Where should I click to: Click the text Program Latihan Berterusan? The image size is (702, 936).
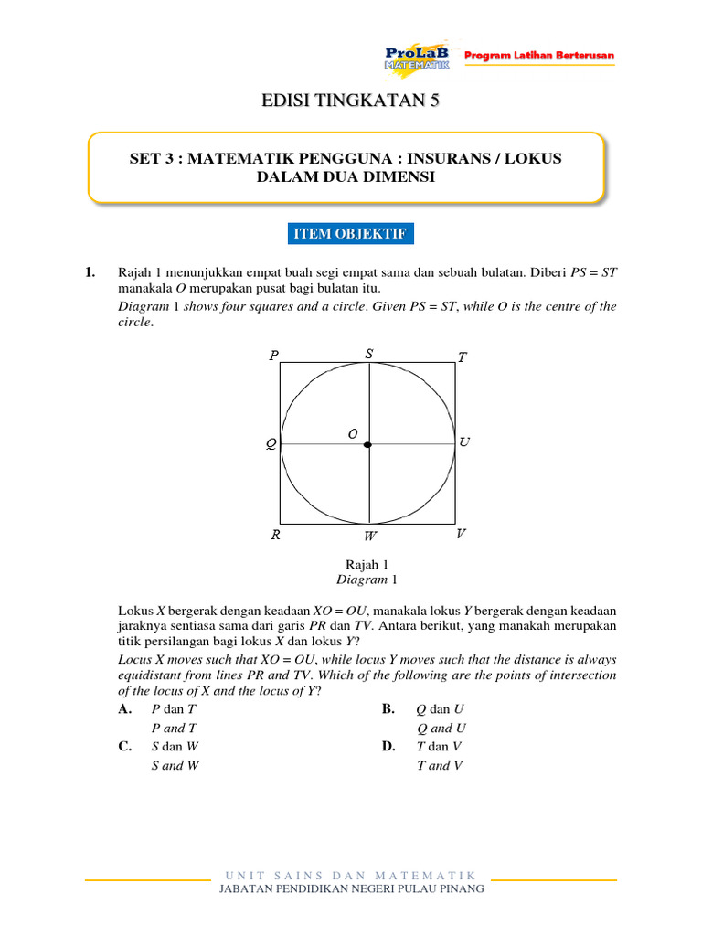tap(539, 57)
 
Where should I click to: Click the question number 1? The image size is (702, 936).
tap(90, 272)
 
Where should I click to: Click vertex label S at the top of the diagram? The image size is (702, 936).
tap(368, 353)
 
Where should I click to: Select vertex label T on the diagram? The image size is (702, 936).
tap(462, 357)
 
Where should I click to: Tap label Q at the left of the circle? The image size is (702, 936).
tap(271, 445)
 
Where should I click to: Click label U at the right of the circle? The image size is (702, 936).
tap(464, 442)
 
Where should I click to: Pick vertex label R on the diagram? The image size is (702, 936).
tap(275, 536)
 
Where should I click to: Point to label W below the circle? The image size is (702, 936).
tap(370, 537)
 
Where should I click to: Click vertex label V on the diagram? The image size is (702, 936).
tap(461, 533)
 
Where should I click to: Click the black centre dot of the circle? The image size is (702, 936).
tap(367, 445)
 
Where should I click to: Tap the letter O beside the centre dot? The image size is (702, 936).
tap(352, 434)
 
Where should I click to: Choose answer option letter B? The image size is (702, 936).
tap(388, 709)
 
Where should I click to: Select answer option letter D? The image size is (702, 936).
tap(388, 746)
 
